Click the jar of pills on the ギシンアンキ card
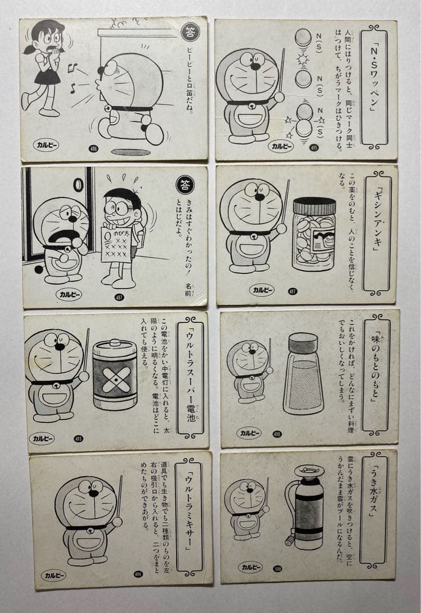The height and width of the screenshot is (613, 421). tap(314, 233)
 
